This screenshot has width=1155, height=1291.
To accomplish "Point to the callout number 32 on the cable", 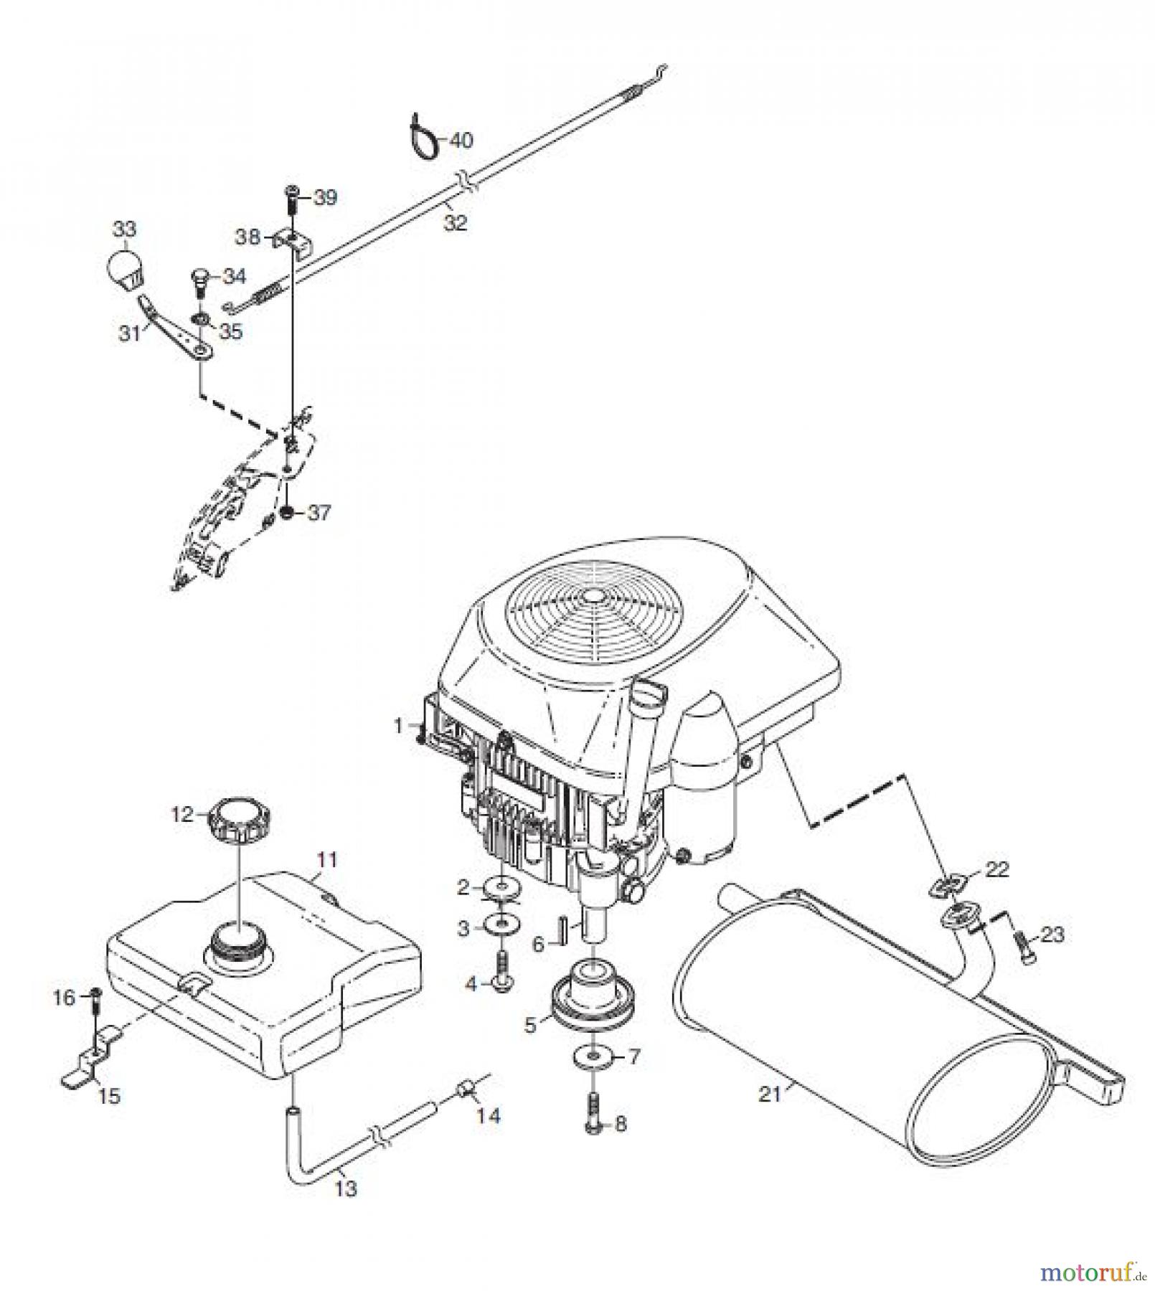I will [455, 222].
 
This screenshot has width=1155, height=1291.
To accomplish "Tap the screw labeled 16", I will [96, 999].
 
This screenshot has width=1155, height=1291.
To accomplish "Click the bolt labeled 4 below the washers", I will [501, 980].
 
